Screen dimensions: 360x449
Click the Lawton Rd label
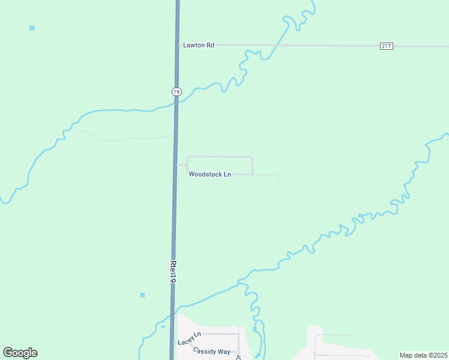pos(199,45)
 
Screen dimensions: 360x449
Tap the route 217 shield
pos(387,46)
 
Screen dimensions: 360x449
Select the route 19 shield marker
pos(175,91)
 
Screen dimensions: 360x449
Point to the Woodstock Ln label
pos(209,175)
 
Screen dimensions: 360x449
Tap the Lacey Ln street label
pos(188,342)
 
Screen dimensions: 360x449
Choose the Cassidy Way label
pos(212,351)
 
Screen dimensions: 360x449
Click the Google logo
pos(20,353)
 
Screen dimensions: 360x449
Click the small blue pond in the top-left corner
pos(32,28)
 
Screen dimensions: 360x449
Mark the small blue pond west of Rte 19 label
pos(142,295)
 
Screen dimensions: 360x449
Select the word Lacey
pos(185,343)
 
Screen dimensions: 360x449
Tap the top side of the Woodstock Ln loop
pos(220,157)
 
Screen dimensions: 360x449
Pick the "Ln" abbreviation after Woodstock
pos(227,175)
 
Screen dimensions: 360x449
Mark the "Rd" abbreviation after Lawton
pos(210,45)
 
